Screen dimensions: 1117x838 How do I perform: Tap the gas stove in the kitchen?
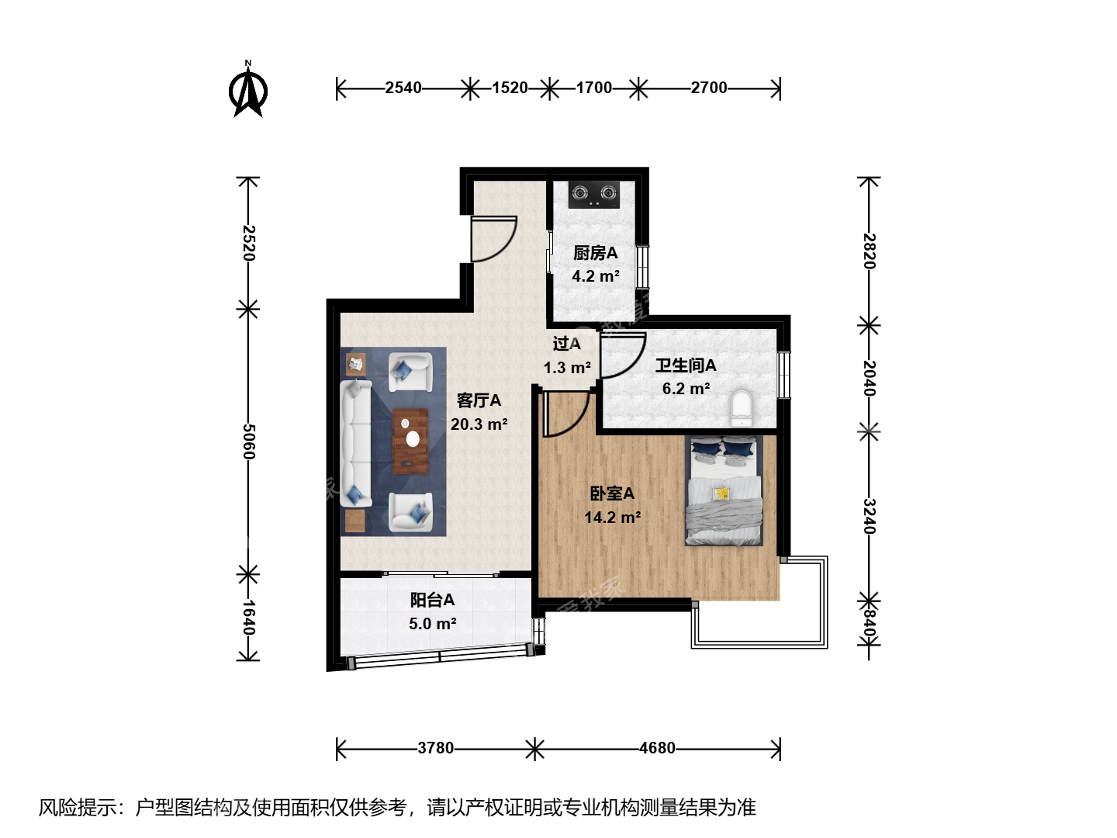point(594,194)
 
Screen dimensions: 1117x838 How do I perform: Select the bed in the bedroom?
point(724,491)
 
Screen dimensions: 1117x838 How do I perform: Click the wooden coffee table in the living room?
point(410,442)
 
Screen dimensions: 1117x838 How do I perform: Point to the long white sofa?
point(356,443)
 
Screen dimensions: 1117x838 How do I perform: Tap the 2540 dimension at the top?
point(403,88)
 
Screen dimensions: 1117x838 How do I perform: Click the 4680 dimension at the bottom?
point(657,748)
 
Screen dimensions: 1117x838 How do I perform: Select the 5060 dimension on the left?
point(247,442)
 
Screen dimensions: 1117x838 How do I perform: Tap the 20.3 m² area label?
point(479,424)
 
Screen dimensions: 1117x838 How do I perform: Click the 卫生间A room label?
point(686,365)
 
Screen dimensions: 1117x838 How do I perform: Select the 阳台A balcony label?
point(432,601)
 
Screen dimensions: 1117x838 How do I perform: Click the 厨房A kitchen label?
point(596,253)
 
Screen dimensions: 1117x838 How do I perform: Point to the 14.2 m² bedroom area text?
point(612,518)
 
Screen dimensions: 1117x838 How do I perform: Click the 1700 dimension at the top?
point(594,88)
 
